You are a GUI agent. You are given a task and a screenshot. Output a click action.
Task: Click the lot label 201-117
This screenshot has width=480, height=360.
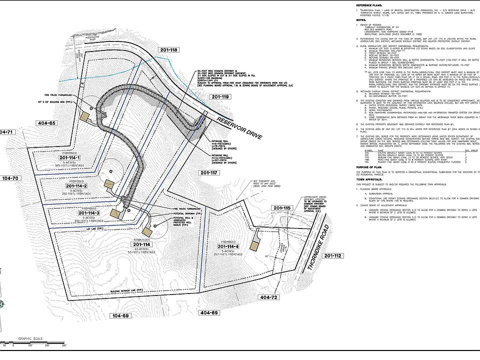click(x=211, y=172)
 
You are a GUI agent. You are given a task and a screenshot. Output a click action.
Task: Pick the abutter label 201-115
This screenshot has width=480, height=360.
click(x=281, y=207)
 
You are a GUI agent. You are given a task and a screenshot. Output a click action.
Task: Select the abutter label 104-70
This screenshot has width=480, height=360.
click(x=9, y=178)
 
